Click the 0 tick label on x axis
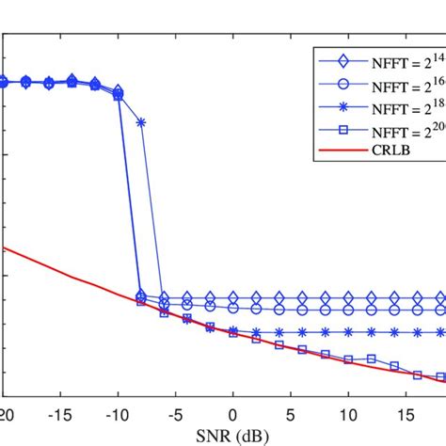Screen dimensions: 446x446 [233, 415]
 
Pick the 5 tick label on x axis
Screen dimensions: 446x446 [291, 415]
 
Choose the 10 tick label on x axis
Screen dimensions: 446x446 [349, 415]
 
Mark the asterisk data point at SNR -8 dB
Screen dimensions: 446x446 [141, 122]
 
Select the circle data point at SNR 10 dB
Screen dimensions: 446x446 [349, 309]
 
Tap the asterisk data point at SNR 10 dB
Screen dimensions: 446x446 [349, 331]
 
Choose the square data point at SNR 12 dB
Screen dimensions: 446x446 [372, 358]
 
